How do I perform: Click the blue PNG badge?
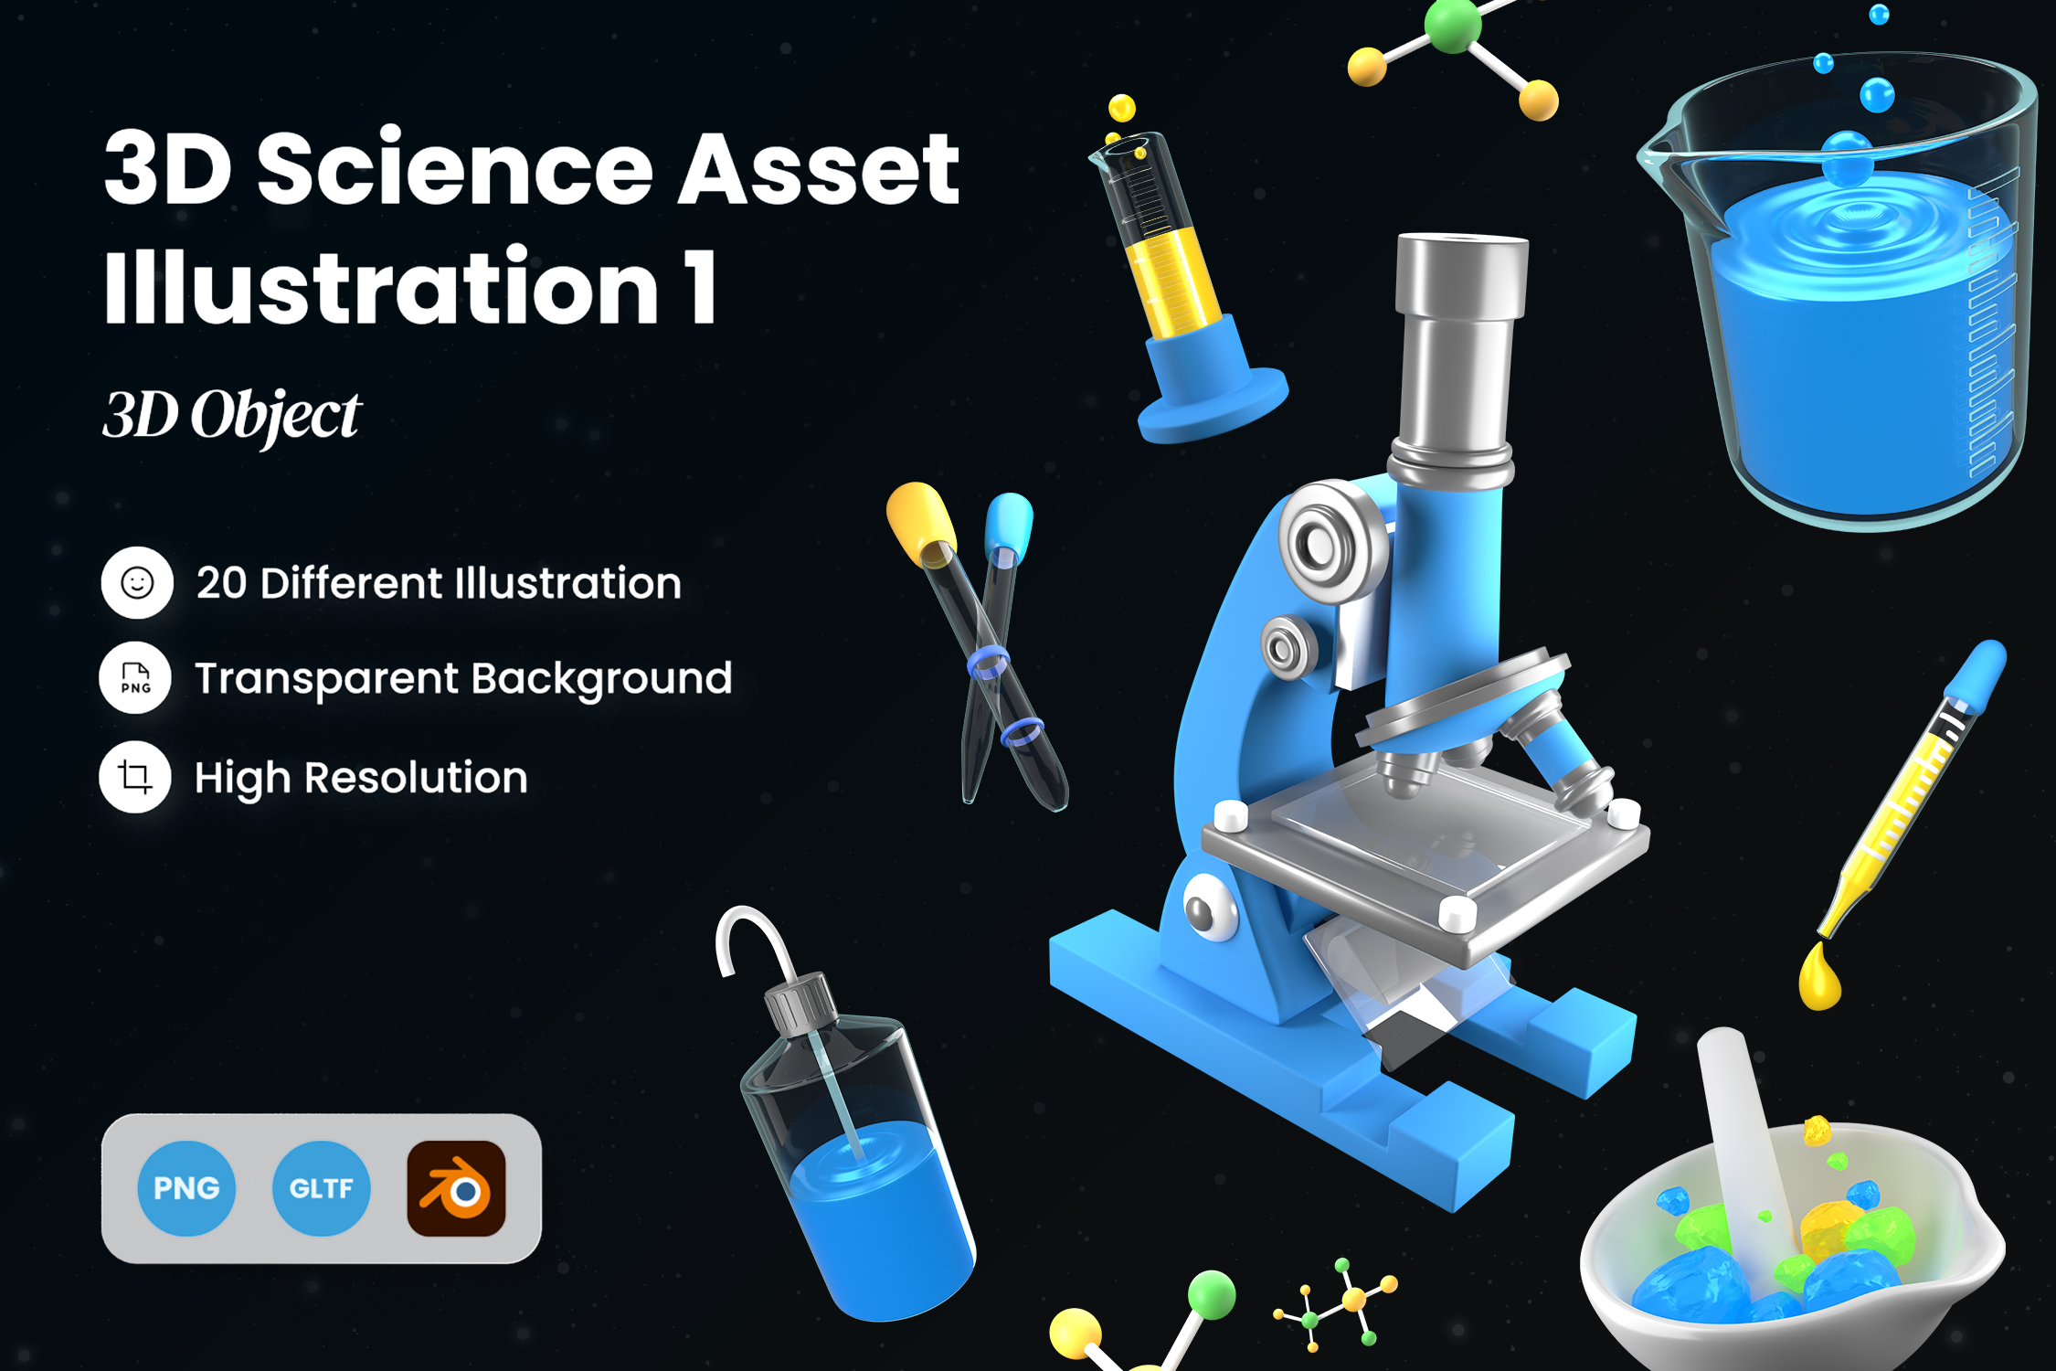186,1188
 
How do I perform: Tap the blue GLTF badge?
321,1188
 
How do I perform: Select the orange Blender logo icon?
456,1188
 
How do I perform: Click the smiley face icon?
137,583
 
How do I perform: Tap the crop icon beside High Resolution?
135,777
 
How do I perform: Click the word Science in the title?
454,169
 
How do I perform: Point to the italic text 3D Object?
231,416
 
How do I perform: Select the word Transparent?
326,679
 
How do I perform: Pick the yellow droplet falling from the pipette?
1818,980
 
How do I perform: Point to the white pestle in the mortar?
1741,1133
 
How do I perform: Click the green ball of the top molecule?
1452,25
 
